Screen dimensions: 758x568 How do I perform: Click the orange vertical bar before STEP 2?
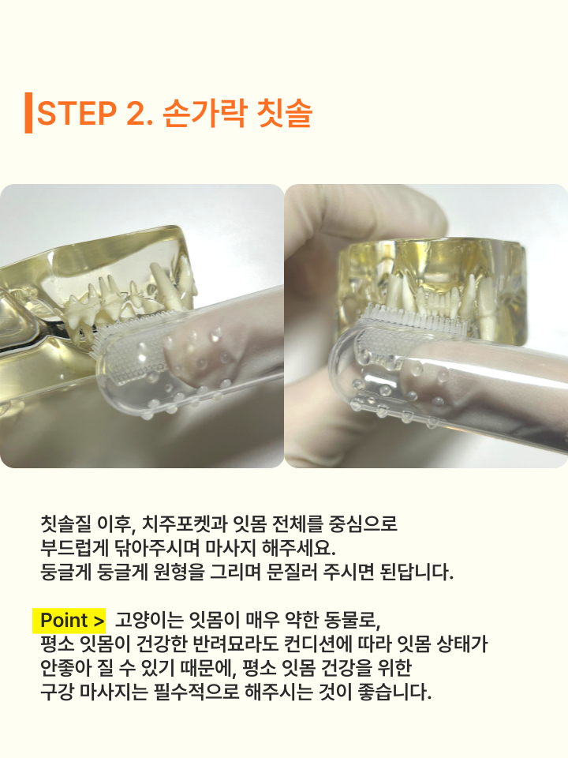click(x=28, y=113)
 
